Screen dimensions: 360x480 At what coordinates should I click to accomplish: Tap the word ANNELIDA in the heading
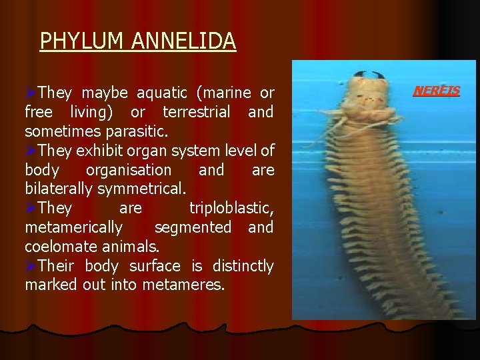coord(183,41)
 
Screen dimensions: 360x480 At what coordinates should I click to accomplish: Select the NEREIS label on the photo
coord(437,90)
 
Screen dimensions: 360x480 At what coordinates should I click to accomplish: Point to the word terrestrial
coord(195,112)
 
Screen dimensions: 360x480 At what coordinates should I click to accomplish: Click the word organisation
coord(129,170)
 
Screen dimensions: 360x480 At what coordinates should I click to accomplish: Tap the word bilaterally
coord(59,189)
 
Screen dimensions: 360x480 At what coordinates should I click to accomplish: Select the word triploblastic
coord(231,209)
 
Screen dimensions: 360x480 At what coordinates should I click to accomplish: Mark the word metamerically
coord(73,228)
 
